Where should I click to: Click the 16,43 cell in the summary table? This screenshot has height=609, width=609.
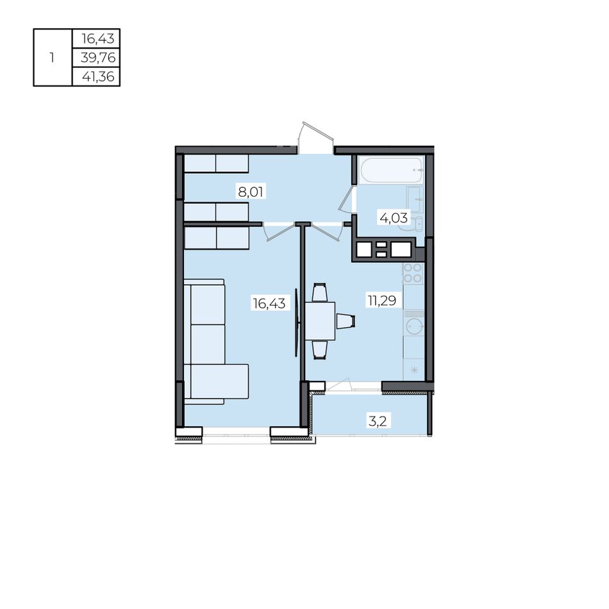coord(98,38)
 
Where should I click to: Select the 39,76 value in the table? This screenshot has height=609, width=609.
coord(98,58)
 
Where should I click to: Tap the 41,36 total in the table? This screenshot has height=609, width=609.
coord(98,76)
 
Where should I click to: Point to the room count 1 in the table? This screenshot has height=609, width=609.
coord(52,58)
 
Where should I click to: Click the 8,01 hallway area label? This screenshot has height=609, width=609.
coord(251,192)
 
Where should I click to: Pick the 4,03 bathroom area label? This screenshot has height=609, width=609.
coord(394,218)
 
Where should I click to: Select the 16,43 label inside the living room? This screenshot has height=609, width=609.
coord(269,303)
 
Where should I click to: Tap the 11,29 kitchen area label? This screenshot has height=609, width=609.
coord(382,300)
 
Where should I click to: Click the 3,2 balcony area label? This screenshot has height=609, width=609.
coord(377,421)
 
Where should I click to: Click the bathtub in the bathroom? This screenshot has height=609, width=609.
coord(391,170)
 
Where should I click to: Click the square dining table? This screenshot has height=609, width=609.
coord(320,321)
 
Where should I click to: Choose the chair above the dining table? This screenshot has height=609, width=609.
coord(320,292)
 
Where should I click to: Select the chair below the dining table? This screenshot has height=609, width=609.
coord(320,349)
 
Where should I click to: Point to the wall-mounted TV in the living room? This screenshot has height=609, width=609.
coord(297,322)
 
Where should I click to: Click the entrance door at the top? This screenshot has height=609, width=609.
coord(317,138)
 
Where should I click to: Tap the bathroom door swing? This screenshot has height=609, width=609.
coord(347,199)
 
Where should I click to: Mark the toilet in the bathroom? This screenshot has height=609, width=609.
coord(417,223)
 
